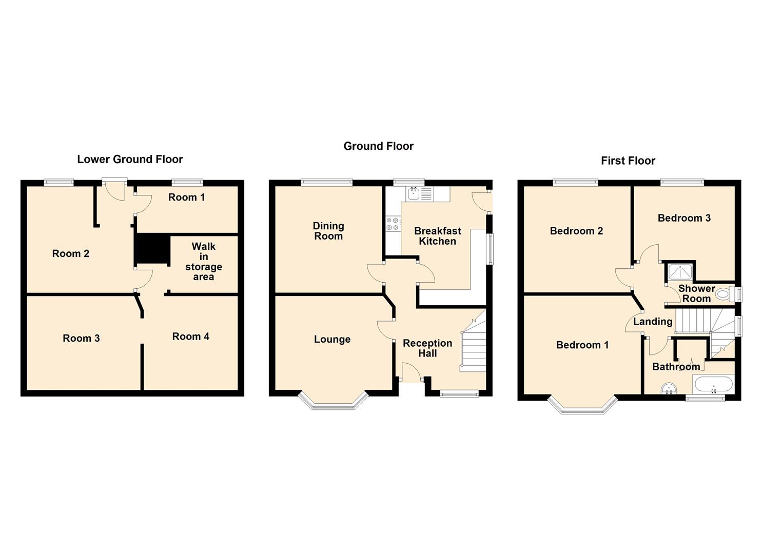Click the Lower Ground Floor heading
click(130, 160)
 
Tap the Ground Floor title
click(378, 146)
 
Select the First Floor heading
click(628, 161)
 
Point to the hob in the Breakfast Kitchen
click(393, 224)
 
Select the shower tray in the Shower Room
click(680, 270)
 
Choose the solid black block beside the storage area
click(152, 249)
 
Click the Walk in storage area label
click(204, 262)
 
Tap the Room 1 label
click(186, 197)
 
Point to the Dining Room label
click(328, 231)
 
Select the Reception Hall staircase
click(474, 344)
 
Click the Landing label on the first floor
click(652, 322)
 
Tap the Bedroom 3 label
click(684, 218)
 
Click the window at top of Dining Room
click(327, 181)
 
